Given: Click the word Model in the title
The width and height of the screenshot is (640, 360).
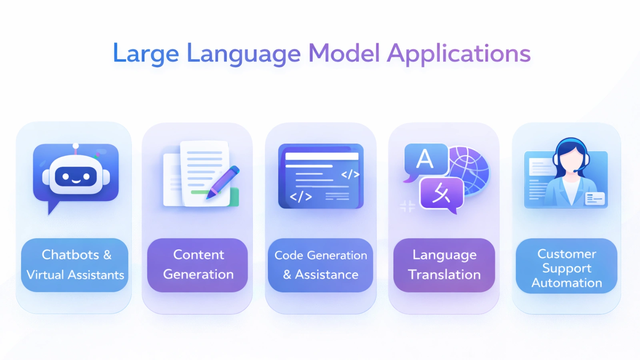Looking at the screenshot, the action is (x=344, y=53).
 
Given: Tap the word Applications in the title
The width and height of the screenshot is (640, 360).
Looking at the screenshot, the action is (x=459, y=54).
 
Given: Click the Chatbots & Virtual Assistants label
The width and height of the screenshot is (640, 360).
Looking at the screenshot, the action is (x=75, y=265).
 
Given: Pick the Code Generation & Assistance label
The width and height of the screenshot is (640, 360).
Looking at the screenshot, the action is (x=320, y=265).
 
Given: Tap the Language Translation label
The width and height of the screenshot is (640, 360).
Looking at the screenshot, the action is (x=444, y=265).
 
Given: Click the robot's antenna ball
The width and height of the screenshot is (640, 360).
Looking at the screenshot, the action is (x=76, y=146).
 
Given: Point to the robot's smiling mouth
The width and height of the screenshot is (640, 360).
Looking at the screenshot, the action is (x=76, y=180).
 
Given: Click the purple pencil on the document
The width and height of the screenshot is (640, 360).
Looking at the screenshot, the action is (x=223, y=182).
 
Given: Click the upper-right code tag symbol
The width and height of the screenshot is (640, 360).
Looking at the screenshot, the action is (x=350, y=174).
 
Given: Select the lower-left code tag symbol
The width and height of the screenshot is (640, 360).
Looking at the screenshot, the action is (x=300, y=197).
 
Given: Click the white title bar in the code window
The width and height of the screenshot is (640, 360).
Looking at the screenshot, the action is (x=322, y=156).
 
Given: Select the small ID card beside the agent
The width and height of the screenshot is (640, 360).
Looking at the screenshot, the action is (x=595, y=199).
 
